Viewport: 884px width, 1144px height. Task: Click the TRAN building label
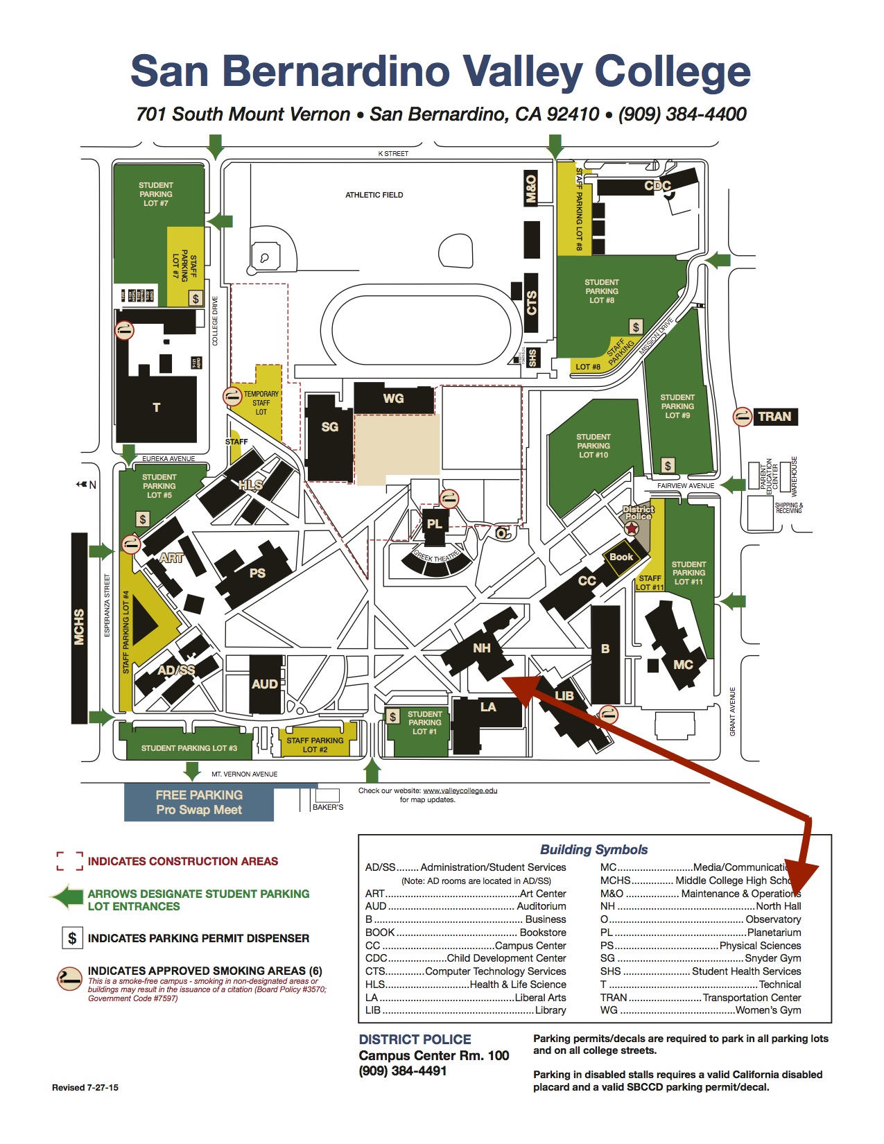pos(774,417)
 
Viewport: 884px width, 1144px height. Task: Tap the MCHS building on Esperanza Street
pos(79,627)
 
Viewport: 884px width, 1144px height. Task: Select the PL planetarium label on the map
pos(434,524)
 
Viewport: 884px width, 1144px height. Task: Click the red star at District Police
pos(632,528)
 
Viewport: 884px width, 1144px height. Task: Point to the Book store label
pos(621,557)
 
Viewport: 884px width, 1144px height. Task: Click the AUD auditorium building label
pos(265,684)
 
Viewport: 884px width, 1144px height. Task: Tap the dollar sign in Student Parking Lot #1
pos(393,717)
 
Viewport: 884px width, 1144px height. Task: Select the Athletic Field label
pos(374,195)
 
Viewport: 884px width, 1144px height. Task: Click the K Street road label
pos(393,153)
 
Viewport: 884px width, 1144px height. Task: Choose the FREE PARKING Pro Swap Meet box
pos(199,802)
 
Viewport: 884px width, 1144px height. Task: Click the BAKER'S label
pos(328,807)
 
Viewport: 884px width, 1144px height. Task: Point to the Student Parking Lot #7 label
pos(156,194)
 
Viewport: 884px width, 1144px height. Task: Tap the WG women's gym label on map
pos(393,399)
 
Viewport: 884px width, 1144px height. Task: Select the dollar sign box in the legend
pos(72,938)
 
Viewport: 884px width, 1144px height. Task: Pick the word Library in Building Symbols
pos(551,1010)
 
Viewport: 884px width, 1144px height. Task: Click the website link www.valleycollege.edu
pos(460,790)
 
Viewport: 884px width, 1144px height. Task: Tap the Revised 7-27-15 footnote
pos(85,1087)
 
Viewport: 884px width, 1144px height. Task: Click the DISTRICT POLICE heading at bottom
pos(415,1039)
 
